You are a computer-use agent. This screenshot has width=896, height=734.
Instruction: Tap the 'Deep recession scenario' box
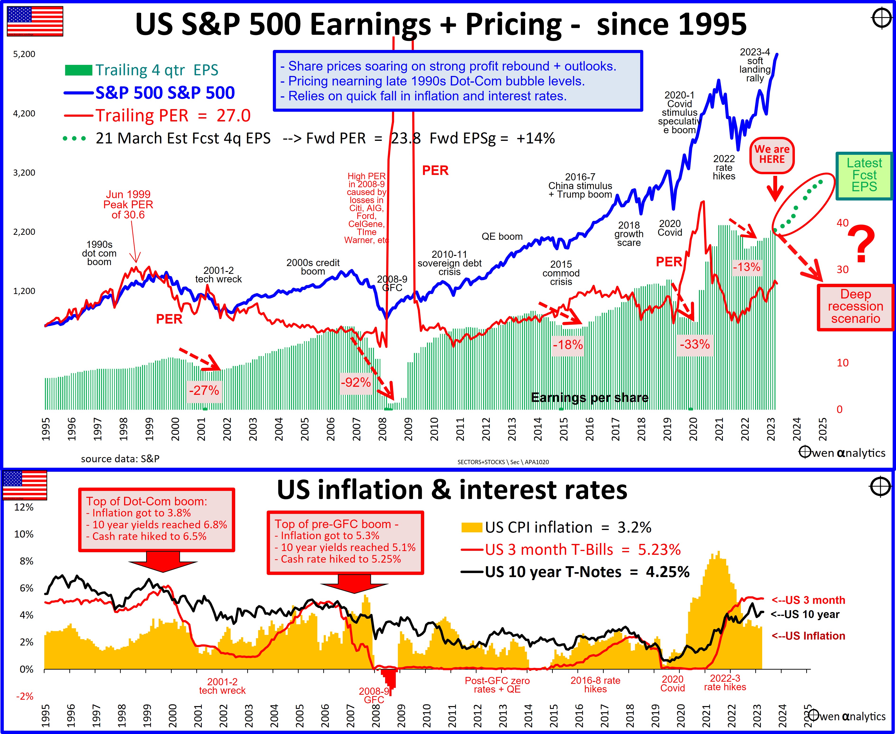coord(855,307)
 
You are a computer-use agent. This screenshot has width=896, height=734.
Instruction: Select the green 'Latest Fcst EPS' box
coord(864,175)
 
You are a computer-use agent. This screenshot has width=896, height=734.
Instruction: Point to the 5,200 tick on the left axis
coord(25,54)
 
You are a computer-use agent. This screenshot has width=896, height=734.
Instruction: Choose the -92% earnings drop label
coord(356,383)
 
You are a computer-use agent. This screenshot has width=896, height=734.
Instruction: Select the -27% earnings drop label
coord(204,390)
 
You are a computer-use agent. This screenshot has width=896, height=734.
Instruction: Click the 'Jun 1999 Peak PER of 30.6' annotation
coord(128,205)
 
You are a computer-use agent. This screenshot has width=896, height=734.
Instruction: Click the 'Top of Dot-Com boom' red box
coord(157,519)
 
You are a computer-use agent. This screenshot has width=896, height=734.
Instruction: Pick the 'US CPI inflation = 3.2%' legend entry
coord(556,528)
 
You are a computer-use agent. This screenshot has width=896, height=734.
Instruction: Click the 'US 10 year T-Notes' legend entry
coord(575,572)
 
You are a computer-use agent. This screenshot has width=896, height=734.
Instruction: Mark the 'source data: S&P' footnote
coord(120,459)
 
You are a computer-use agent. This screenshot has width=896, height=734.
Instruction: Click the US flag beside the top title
coord(35,21)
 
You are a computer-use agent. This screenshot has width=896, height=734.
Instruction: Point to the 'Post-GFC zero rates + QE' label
coord(497,685)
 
